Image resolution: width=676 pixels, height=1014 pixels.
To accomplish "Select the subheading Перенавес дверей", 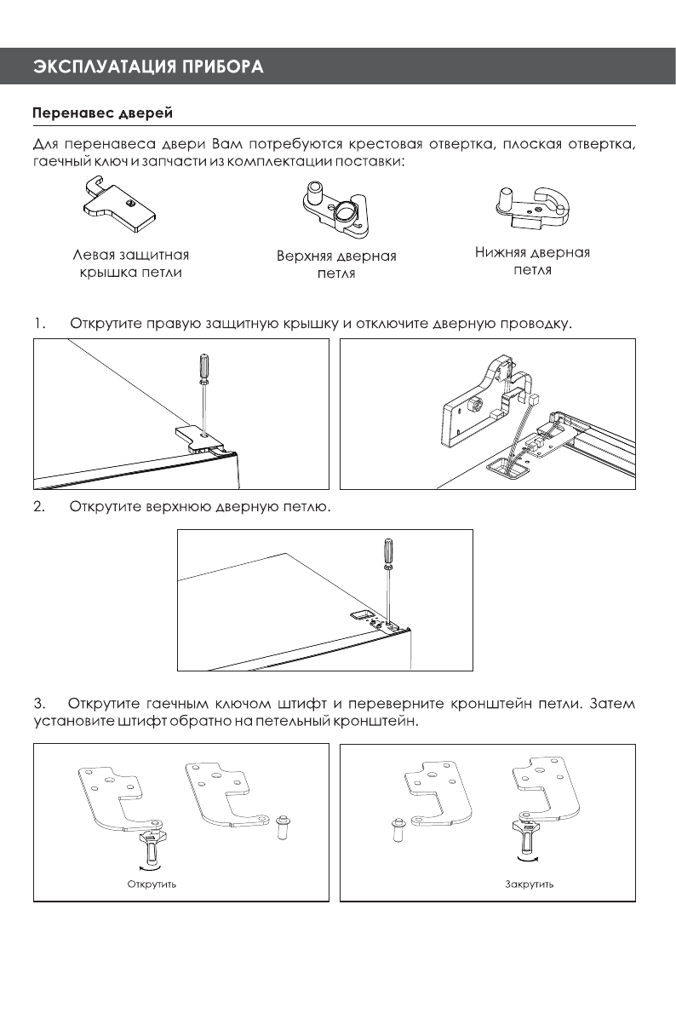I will point(103,112).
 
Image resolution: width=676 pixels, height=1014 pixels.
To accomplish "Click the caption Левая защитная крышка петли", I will point(130,263).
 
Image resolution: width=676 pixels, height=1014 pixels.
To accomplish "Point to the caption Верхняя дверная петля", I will point(336,265).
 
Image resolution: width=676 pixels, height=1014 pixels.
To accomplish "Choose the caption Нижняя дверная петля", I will point(532,262).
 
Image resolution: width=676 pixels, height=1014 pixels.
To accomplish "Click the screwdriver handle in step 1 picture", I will point(203,367).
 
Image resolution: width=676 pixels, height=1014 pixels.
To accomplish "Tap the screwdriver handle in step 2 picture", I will point(388,550).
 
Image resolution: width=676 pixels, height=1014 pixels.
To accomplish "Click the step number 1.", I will point(38,325).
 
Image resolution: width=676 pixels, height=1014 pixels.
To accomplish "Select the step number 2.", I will point(38,508).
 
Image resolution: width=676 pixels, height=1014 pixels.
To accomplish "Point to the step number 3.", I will point(38,705).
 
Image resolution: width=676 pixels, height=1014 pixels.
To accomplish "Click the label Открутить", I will point(152,884).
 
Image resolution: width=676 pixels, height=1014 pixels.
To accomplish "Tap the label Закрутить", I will point(530,884).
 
